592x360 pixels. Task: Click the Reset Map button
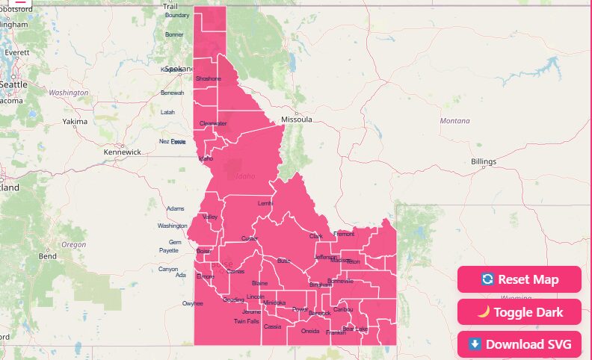click(x=519, y=279)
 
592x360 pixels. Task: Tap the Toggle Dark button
click(x=519, y=311)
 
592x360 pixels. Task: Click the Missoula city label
click(x=296, y=120)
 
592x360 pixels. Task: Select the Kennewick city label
click(x=123, y=152)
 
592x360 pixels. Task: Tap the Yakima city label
click(x=75, y=121)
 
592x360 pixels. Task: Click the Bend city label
click(x=48, y=256)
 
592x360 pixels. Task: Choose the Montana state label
click(x=455, y=121)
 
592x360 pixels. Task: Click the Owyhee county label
click(x=193, y=303)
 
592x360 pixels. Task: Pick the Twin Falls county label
click(x=246, y=321)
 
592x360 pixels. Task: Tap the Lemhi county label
click(x=265, y=203)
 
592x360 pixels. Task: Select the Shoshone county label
click(x=208, y=78)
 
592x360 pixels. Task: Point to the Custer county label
click(x=249, y=238)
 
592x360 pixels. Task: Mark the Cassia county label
click(x=272, y=326)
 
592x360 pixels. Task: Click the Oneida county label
click(x=309, y=330)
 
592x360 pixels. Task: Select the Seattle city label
click(x=13, y=84)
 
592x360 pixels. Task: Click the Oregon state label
click(x=74, y=245)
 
